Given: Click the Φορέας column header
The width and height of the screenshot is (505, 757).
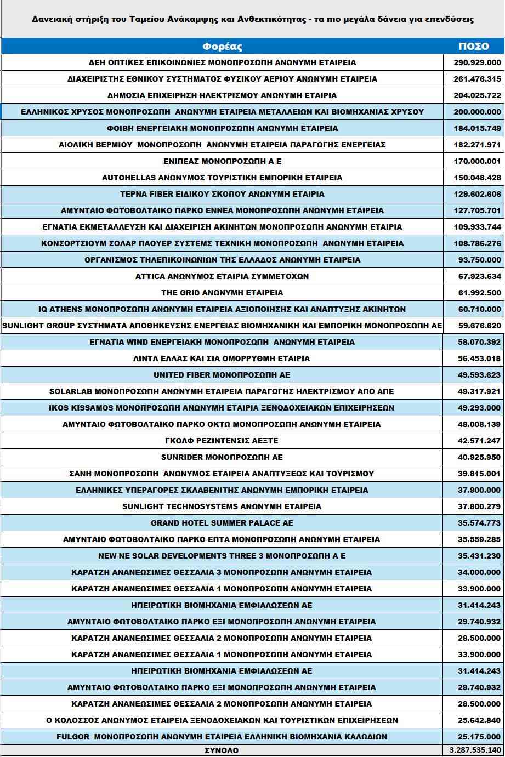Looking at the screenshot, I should [x=222, y=47].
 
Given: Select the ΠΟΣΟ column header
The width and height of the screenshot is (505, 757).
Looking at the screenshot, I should [x=473, y=47].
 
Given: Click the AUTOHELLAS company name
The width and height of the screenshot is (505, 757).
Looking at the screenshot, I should [x=222, y=178].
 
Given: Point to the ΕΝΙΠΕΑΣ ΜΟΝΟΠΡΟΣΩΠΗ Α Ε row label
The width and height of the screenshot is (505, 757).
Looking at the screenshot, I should [x=222, y=161].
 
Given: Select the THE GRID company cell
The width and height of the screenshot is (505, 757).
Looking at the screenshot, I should [x=222, y=293].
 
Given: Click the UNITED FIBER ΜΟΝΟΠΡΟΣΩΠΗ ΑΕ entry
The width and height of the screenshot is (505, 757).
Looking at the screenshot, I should [x=222, y=375].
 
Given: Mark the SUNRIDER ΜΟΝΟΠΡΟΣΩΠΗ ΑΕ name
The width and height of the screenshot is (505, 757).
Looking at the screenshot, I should [x=222, y=457].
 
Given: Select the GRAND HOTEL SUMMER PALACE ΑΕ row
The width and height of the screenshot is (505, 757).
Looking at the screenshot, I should [x=222, y=523].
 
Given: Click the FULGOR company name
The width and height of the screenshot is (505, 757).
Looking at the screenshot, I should [x=222, y=737].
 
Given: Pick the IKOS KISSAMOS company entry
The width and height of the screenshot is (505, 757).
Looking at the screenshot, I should [x=222, y=408].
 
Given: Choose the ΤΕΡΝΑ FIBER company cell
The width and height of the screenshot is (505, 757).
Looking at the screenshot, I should [x=222, y=194].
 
